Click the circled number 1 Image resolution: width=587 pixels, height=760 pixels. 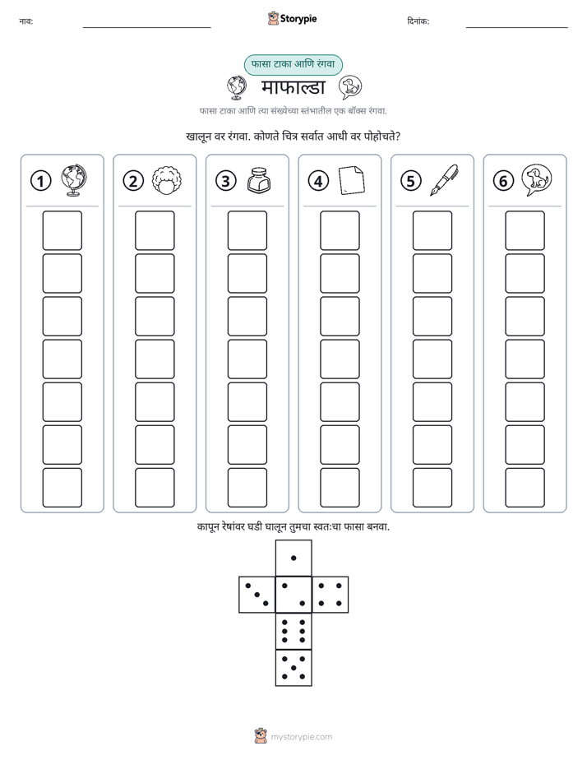pyautogui.click(x=40, y=181)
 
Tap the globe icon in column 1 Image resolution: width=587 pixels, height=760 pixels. pyautogui.click(x=74, y=180)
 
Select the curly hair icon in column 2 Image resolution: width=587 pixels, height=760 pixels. pyautogui.click(x=167, y=181)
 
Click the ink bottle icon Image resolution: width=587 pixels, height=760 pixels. pyautogui.click(x=259, y=180)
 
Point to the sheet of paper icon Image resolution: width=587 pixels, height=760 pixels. pyautogui.click(x=352, y=180)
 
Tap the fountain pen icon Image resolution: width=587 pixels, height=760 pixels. pyautogui.click(x=444, y=180)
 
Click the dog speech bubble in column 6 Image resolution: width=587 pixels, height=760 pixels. pyautogui.click(x=537, y=180)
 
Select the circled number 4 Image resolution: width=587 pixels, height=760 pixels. pyautogui.click(x=318, y=181)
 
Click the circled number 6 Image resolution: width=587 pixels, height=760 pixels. pyautogui.click(x=503, y=181)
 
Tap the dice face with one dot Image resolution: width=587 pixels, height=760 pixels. pyautogui.click(x=293, y=558)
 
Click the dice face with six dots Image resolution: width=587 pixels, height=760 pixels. pyautogui.click(x=293, y=631)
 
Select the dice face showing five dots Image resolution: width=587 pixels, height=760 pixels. pyautogui.click(x=293, y=667)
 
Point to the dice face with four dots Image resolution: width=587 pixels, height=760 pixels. pyautogui.click(x=330, y=595)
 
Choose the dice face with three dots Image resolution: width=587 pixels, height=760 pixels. pyautogui.click(x=257, y=595)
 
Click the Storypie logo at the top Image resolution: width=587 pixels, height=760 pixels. pyautogui.click(x=292, y=18)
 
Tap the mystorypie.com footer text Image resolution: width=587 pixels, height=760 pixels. pyautogui.click(x=301, y=737)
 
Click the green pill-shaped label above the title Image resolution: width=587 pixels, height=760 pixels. pyautogui.click(x=293, y=64)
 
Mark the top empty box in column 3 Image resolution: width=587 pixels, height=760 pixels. pyautogui.click(x=247, y=230)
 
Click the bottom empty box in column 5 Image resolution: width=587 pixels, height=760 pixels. pyautogui.click(x=432, y=488)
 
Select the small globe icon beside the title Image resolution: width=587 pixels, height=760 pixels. pyautogui.click(x=237, y=87)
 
